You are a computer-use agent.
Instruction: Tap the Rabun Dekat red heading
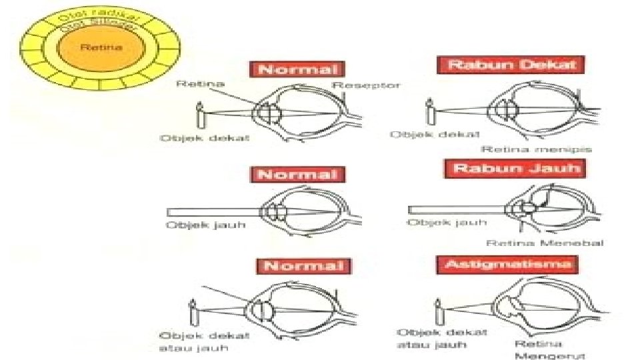[511, 65]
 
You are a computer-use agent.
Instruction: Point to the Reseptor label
[366, 85]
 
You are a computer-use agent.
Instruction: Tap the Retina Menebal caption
[545, 243]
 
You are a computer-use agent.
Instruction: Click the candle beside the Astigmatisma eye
[439, 311]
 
